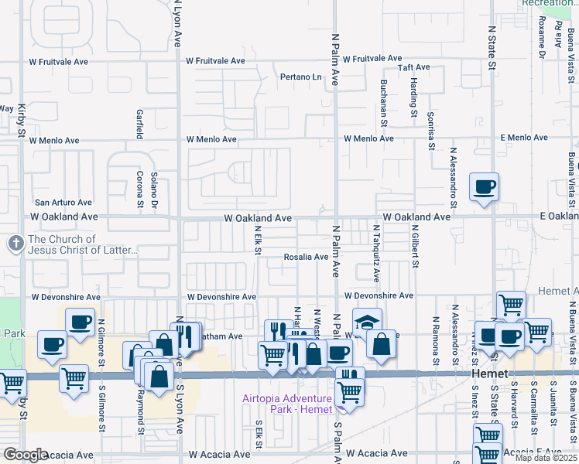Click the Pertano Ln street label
pyautogui.click(x=300, y=77)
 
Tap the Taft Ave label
pyautogui.click(x=413, y=68)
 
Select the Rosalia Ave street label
pyautogui.click(x=306, y=257)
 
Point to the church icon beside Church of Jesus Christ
pyautogui.click(x=15, y=244)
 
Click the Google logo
pyautogui.click(x=26, y=455)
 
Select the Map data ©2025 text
pyautogui.click(x=546, y=458)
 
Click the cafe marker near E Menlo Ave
pyautogui.click(x=484, y=187)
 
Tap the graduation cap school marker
pyautogui.click(x=368, y=322)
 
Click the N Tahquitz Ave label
pyautogui.click(x=376, y=253)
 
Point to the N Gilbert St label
pyautogui.click(x=416, y=247)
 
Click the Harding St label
pyautogui.click(x=414, y=104)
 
